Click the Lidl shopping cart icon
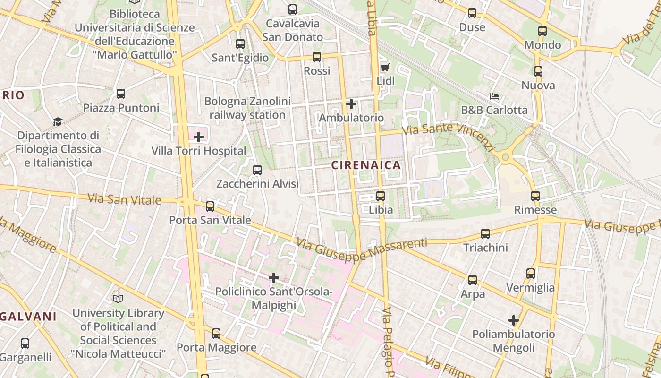coord(385,67)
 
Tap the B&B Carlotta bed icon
coord(494,96)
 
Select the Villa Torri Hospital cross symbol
coord(199,137)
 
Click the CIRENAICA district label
coord(366,165)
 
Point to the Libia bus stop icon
coord(381,196)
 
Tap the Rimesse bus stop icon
coord(535,196)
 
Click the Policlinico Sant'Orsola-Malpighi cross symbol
coord(274,278)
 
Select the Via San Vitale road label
coord(124,199)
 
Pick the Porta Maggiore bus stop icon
coord(216,334)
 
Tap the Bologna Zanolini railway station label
coord(247,108)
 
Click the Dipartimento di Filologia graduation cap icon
coord(58,122)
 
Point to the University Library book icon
coord(118,299)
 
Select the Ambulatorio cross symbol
coord(351,103)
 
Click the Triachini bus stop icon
coord(485,233)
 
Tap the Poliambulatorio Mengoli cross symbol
coord(514,320)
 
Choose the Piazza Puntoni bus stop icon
coord(121,94)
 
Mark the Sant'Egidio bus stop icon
coord(240,44)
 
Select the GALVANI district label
coord(28,317)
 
